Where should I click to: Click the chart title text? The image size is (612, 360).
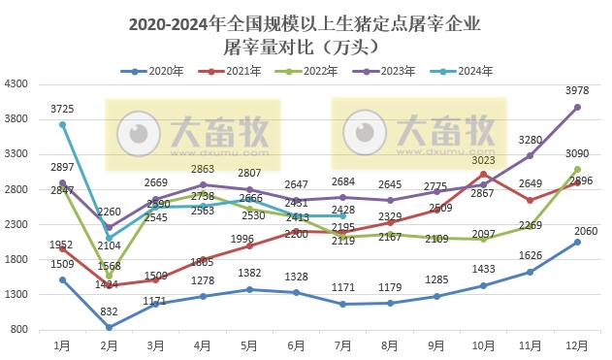306,34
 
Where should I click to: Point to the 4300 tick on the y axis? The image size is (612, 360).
16,84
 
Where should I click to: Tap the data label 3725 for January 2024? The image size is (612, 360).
62,109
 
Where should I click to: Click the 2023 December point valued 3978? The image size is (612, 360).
577,107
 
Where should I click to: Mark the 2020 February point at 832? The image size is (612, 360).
109,327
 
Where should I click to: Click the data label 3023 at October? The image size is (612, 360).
483,160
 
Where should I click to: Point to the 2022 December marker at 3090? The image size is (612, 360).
577,169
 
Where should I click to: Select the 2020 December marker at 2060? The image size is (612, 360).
577,242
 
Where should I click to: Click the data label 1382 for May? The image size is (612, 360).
249,275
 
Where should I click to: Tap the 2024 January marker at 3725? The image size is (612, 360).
62,124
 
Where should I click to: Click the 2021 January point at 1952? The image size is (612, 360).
62,248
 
